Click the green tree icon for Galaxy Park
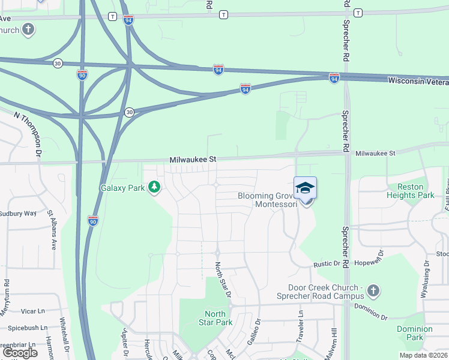tap(155, 188)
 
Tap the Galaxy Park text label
tap(123, 188)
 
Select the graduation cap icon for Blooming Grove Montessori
tap(305, 189)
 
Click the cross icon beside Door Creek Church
tap(373, 292)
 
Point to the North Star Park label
tap(215, 318)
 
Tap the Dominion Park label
tap(414, 333)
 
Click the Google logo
tap(20, 353)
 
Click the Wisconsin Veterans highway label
tap(418, 80)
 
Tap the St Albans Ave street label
tap(52, 229)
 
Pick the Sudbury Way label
tap(18, 213)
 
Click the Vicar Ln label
tap(34, 311)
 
